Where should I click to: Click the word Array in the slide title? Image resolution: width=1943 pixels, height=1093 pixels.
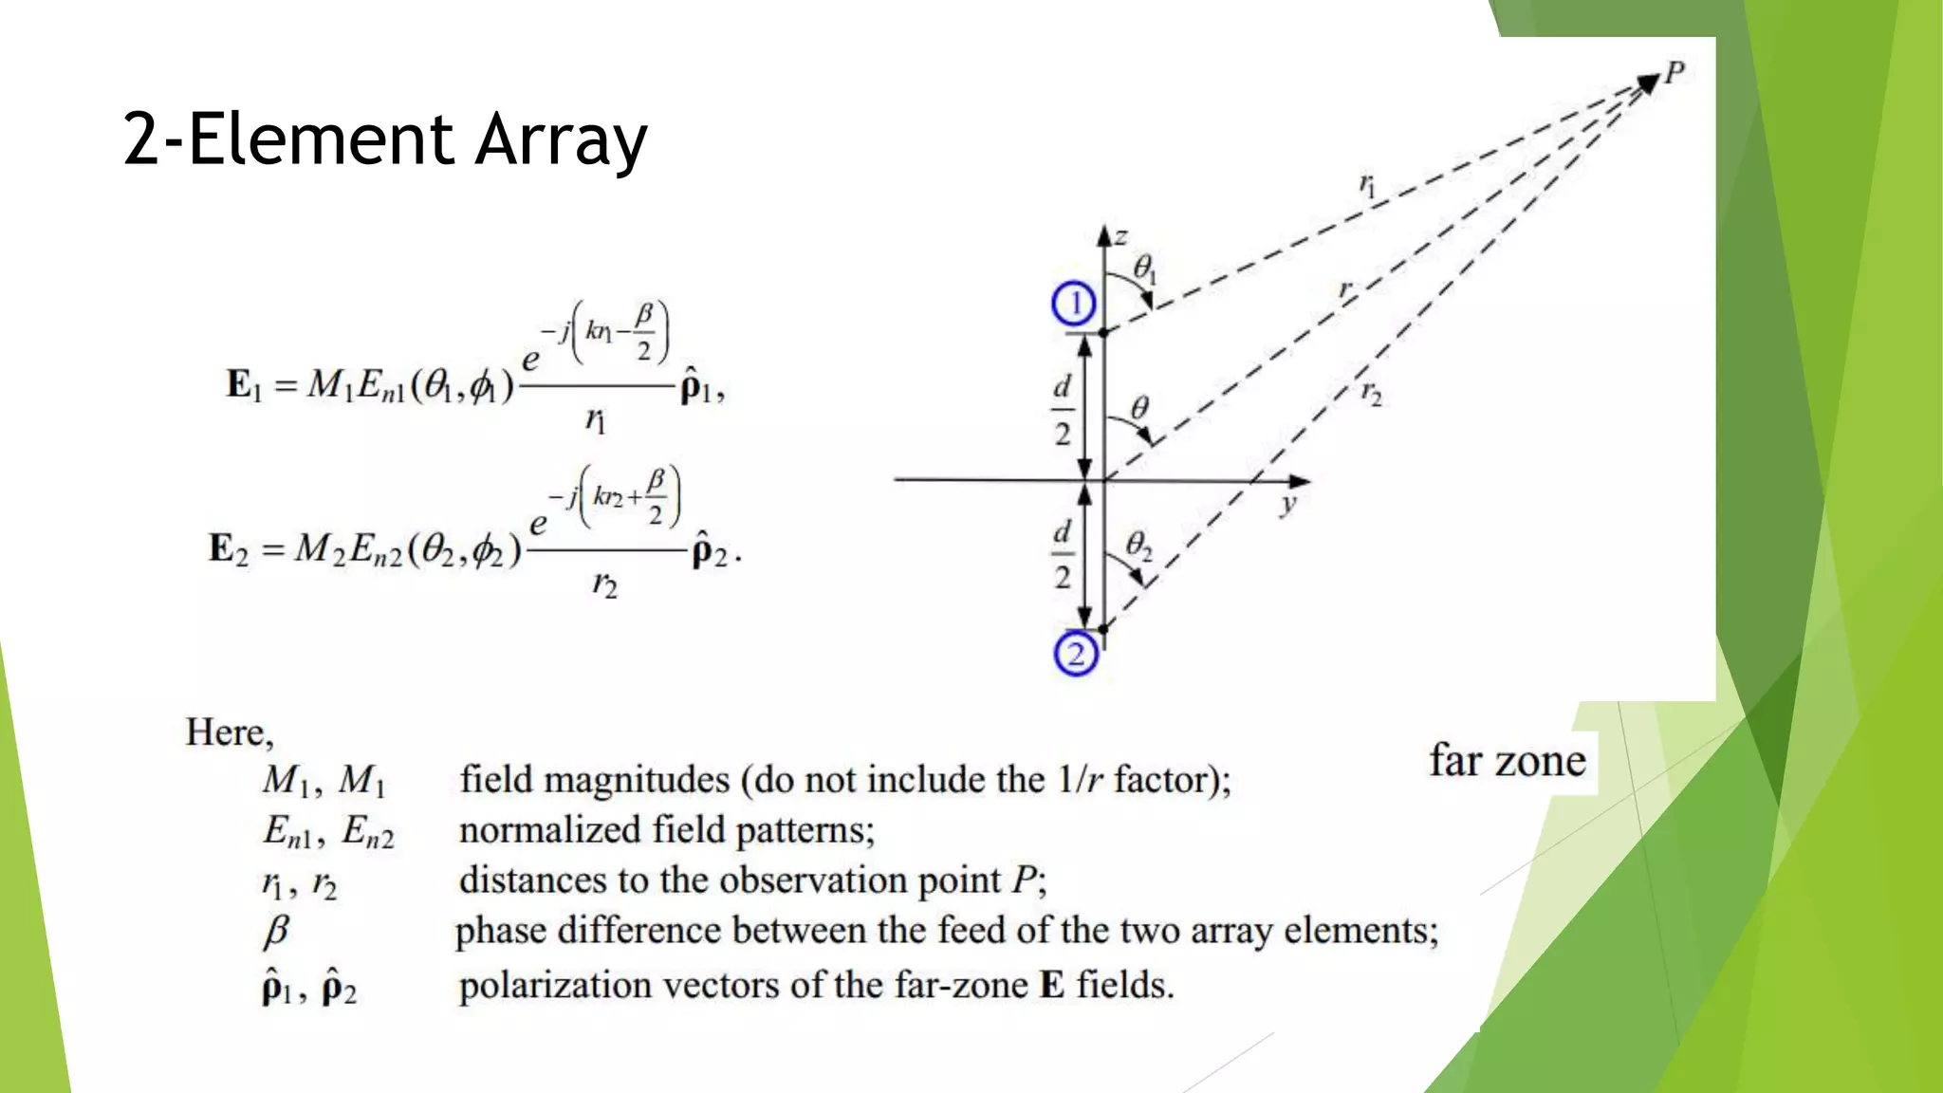(x=561, y=140)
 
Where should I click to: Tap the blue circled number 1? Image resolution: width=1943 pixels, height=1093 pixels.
(x=1074, y=305)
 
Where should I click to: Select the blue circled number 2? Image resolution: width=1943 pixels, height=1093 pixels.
(x=1076, y=654)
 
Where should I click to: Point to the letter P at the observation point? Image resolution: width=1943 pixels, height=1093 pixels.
(x=1675, y=71)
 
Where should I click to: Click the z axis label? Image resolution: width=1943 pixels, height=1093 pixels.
(x=1121, y=236)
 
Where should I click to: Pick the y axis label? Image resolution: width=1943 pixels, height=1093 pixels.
(x=1287, y=504)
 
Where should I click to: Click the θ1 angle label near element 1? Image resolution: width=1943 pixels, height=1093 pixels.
(x=1145, y=269)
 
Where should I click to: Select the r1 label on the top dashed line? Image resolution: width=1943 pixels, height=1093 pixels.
(x=1367, y=184)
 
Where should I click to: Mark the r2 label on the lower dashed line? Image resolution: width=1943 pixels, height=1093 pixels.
(x=1372, y=392)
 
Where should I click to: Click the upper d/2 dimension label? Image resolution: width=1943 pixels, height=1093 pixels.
(x=1063, y=410)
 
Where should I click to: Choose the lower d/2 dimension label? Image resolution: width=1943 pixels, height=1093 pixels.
(x=1063, y=554)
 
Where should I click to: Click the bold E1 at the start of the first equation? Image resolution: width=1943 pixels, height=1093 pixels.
(x=243, y=385)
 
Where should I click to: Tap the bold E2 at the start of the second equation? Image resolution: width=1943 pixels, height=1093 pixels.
(x=228, y=549)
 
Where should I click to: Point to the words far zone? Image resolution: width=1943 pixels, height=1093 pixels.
(x=1508, y=761)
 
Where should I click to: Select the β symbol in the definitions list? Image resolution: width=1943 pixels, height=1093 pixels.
(x=275, y=932)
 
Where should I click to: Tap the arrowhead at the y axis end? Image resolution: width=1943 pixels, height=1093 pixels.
(x=1301, y=481)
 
